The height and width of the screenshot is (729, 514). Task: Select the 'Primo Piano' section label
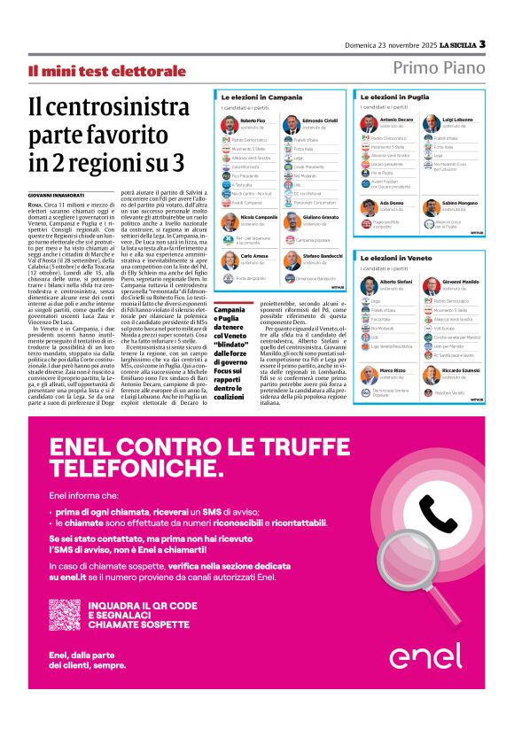438,68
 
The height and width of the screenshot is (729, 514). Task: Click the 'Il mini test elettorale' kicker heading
106,71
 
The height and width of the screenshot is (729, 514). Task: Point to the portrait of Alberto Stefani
369,284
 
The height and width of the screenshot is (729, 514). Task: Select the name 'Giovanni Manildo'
462,280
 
